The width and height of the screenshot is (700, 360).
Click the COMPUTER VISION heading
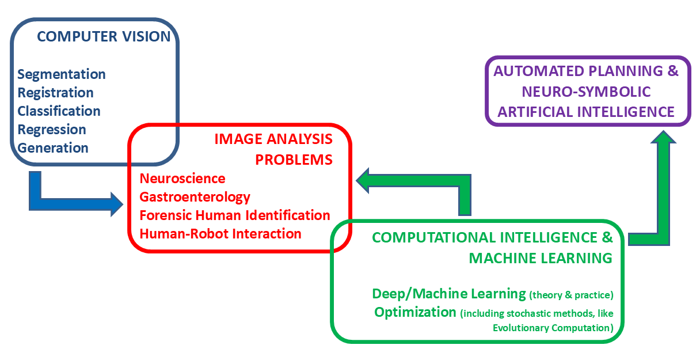click(104, 37)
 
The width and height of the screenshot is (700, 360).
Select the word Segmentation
click(62, 74)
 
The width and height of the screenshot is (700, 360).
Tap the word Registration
click(55, 93)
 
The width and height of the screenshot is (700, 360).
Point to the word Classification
click(59, 111)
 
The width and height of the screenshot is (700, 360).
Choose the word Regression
click(52, 130)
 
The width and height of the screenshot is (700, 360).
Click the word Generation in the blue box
click(53, 148)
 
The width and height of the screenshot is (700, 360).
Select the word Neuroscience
click(182, 179)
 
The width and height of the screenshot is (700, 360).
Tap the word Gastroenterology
click(195, 197)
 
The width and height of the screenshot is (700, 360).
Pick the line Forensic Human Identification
click(235, 215)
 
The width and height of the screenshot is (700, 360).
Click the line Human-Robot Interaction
click(220, 234)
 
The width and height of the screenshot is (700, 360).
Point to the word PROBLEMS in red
click(294, 160)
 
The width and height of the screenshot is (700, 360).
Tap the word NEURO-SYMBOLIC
click(586, 92)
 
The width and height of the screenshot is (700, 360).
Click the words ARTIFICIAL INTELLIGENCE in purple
click(586, 111)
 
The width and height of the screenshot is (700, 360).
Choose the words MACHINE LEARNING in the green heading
click(541, 258)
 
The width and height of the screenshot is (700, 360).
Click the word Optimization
click(414, 312)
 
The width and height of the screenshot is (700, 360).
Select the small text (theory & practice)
click(571, 295)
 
